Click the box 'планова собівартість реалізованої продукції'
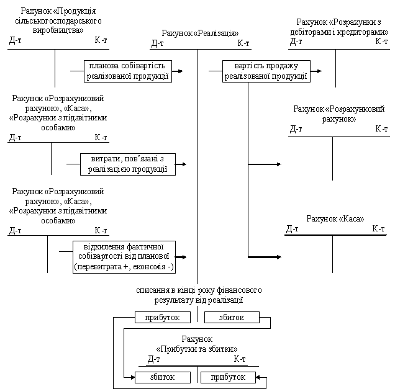point(128,71)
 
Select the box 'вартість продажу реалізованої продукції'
point(266,71)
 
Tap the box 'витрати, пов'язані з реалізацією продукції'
point(128,164)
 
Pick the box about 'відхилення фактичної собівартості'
point(124,257)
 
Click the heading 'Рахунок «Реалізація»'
point(200,34)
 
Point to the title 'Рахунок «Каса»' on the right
point(335,218)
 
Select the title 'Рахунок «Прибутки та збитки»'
point(197,344)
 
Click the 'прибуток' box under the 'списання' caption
point(163,318)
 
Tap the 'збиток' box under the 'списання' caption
point(232,318)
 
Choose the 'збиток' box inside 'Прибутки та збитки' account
point(163,377)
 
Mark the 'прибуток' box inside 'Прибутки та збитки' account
point(228,377)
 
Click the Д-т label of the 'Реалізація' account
point(158,43)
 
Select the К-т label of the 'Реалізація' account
point(243,43)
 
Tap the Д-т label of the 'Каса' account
point(293,229)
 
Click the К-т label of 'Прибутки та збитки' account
point(240,359)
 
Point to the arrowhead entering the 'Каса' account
point(279,257)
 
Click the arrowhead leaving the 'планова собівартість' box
point(181,71)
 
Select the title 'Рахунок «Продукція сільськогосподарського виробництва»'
point(58,20)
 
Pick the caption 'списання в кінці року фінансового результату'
point(199,295)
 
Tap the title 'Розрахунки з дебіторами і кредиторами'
point(339,27)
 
